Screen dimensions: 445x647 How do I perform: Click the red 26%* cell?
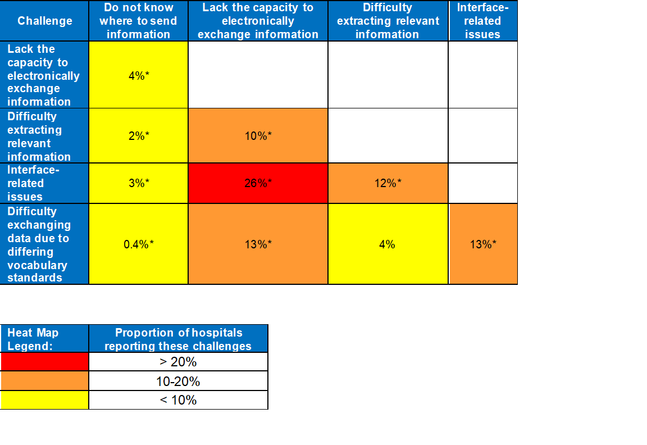coord(258,183)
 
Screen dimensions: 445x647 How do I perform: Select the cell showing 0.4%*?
coord(138,244)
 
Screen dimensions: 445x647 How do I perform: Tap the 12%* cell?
coord(388,183)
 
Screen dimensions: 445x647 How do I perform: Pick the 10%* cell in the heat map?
coord(258,136)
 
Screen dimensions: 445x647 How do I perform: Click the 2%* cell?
coord(138,136)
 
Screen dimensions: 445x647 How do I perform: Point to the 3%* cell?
coord(138,183)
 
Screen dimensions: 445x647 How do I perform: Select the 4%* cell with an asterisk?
coord(138,75)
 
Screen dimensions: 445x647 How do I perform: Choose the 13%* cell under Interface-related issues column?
coord(483,244)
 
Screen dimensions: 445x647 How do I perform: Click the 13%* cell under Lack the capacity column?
coord(258,244)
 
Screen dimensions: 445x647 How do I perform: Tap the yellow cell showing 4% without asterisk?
coord(388,244)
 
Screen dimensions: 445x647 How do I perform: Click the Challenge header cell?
coord(45,21)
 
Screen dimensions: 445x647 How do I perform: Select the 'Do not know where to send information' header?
coord(138,21)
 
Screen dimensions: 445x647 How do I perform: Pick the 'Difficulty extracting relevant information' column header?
coord(388,21)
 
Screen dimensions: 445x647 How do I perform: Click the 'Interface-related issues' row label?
coord(44,183)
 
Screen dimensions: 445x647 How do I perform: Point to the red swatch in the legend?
coord(44,361)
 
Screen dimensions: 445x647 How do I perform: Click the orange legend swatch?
coord(44,381)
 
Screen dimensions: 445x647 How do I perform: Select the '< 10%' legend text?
coord(179,400)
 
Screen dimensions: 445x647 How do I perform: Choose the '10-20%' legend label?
coord(179,382)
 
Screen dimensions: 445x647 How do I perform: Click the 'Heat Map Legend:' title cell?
coord(44,339)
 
